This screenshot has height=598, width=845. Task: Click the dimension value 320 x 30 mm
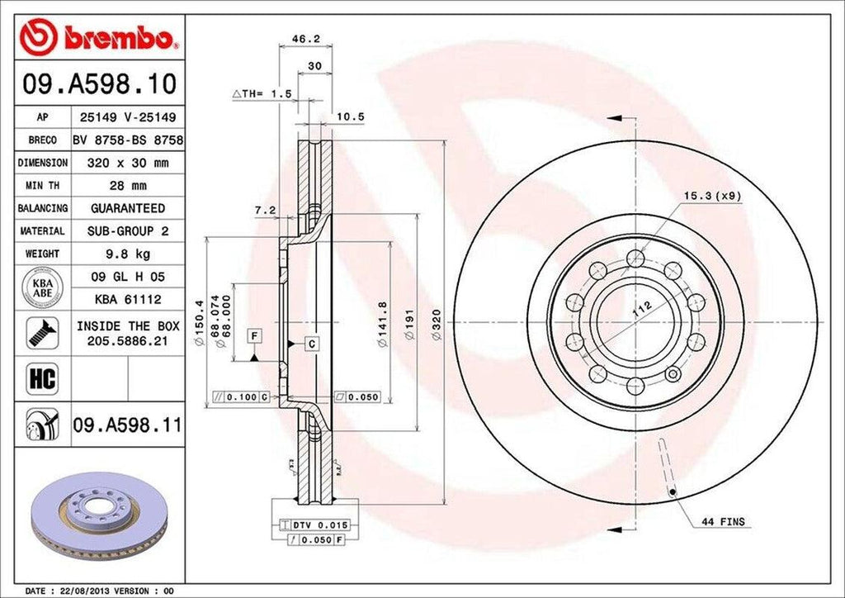(x=127, y=163)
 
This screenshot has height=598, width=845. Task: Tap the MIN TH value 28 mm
(x=127, y=186)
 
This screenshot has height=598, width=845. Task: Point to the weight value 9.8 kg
(x=127, y=254)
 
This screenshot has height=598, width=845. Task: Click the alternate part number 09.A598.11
(x=127, y=425)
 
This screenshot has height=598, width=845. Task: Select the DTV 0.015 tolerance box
(x=316, y=525)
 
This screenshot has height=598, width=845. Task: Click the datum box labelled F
(x=254, y=335)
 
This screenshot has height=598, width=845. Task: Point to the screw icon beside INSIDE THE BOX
(x=39, y=331)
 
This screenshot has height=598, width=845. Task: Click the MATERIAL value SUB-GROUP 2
(x=127, y=231)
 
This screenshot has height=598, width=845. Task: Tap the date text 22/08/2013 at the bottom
(x=88, y=591)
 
